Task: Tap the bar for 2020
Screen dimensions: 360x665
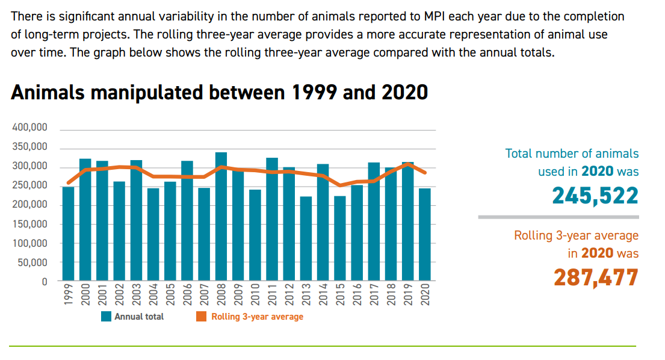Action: (425, 234)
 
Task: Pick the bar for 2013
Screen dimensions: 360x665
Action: (306, 238)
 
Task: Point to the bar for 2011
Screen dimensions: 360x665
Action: (272, 219)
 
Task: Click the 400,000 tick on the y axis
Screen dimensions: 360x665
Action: (30, 128)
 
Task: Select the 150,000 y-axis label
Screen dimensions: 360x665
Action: (30, 224)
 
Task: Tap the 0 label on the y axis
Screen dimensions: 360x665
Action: (44, 282)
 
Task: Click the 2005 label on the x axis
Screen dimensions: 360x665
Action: (170, 295)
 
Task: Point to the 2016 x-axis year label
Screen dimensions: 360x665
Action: (357, 295)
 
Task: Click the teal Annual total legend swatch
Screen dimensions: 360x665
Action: (106, 317)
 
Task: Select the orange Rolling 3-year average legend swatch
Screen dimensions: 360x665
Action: (202, 317)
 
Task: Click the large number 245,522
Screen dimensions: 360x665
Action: (595, 195)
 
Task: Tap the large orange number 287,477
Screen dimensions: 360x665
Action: (595, 278)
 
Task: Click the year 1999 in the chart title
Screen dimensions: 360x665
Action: (315, 92)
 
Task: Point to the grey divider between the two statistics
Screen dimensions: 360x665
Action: (558, 217)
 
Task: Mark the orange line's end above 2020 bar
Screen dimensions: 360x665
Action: (425, 173)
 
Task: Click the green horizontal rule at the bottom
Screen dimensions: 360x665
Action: (322, 346)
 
